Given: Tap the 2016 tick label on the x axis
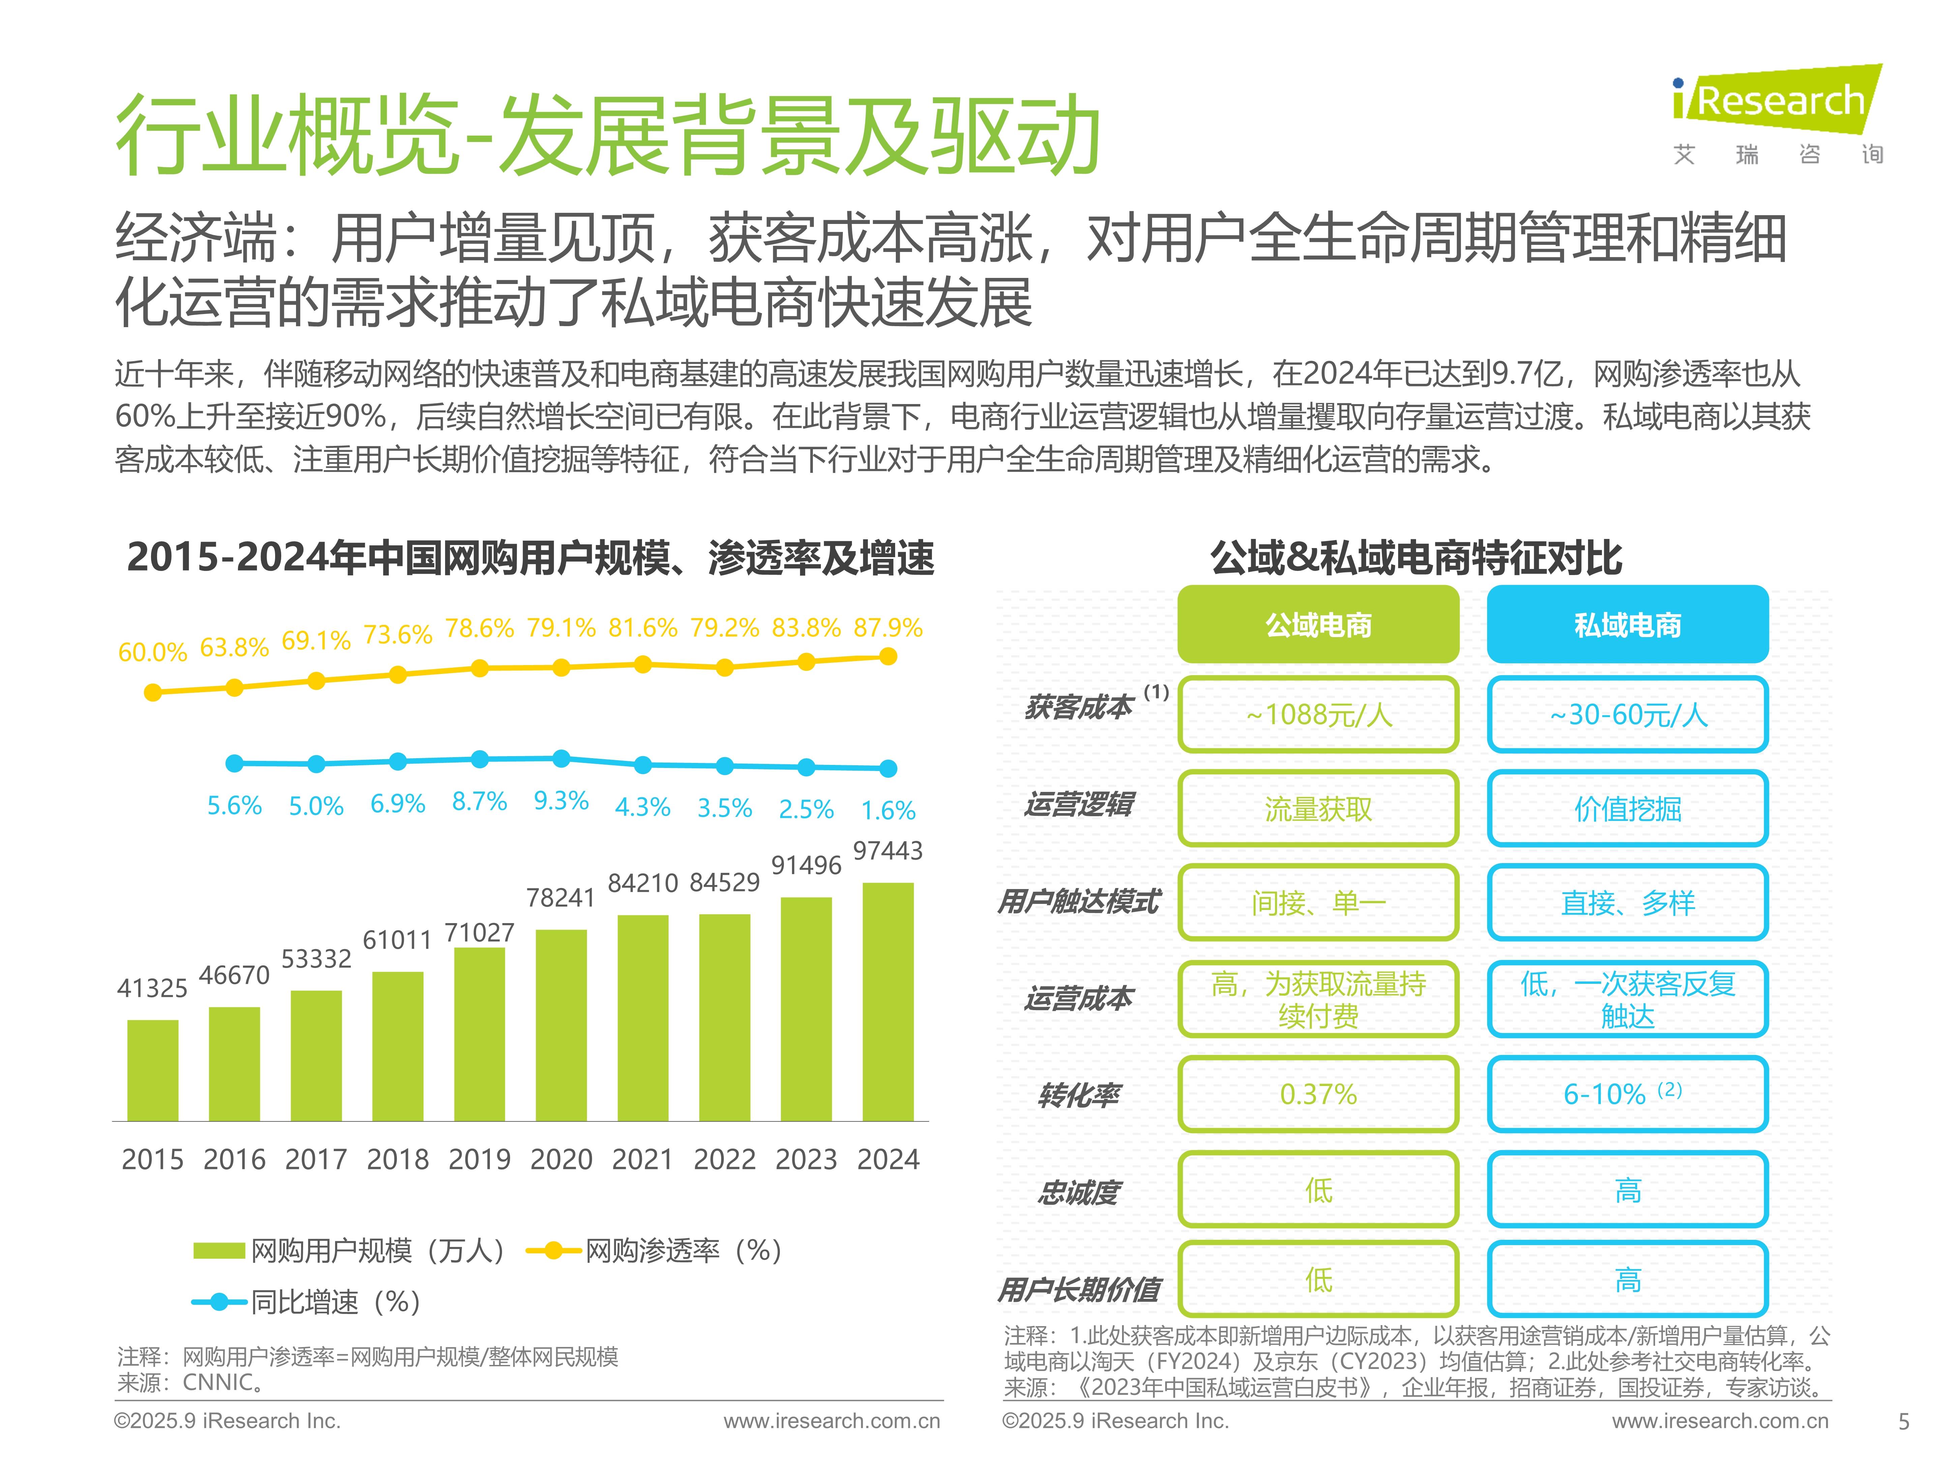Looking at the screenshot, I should point(234,1159).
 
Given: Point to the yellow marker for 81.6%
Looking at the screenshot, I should point(643,665).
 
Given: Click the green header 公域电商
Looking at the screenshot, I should point(1318,624).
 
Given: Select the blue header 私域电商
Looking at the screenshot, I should point(1627,624).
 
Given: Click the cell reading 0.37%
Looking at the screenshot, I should point(1318,1094).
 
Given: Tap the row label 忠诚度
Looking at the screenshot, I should point(1078,1192).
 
